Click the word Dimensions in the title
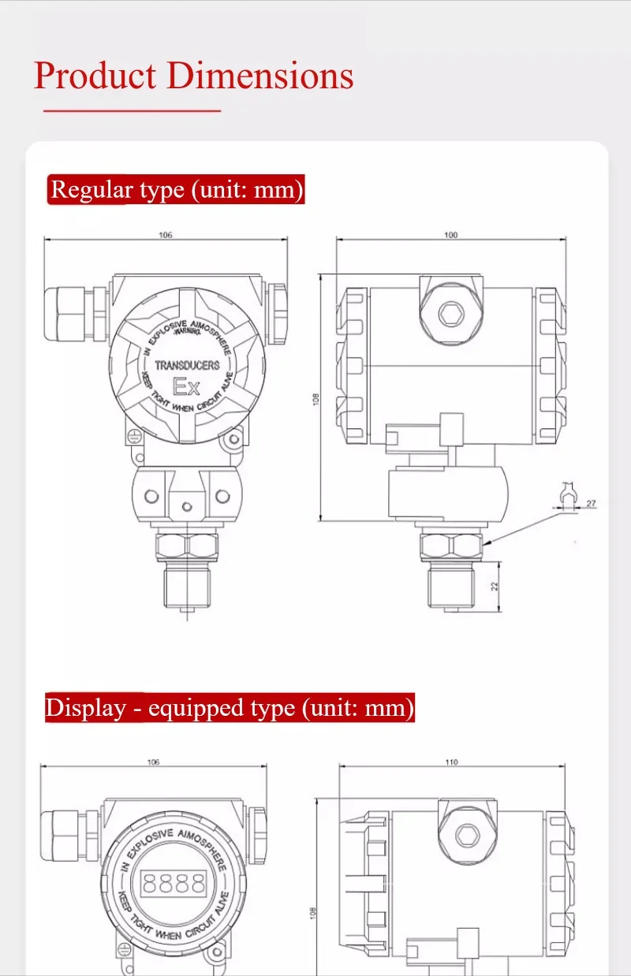260,76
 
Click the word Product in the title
95,76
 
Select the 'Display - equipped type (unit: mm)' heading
230,707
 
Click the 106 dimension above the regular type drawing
166,235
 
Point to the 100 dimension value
451,235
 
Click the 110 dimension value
451,762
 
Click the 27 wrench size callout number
591,502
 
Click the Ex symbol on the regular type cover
187,387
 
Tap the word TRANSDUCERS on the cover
187,366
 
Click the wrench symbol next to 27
566,496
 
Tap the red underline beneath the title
132,111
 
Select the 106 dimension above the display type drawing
154,762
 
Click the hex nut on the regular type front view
186,544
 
